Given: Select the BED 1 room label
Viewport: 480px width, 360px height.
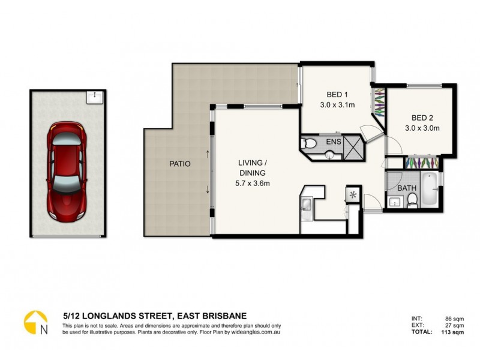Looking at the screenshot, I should pos(337,95).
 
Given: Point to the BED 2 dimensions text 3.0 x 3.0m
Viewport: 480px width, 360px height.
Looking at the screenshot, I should pos(422,128).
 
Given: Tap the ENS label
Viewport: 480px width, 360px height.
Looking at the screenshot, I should pos(334,143).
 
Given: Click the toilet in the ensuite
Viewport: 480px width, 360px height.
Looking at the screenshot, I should pos(308,143).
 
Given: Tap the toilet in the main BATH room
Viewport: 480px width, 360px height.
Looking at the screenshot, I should pos(412,203).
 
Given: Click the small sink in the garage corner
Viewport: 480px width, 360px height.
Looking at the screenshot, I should pos(93,97).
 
